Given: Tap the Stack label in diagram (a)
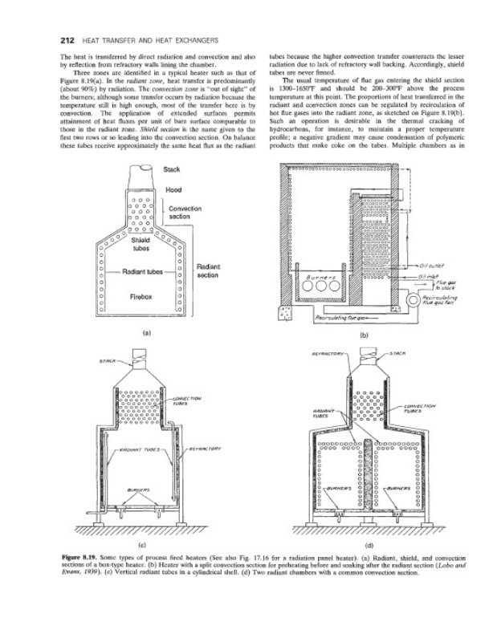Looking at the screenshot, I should coord(171,169).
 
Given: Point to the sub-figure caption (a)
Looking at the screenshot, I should coord(146,331).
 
